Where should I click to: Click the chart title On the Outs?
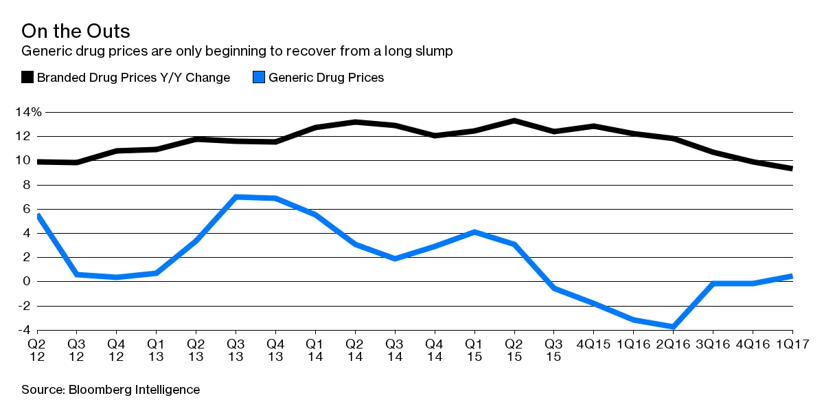[76, 32]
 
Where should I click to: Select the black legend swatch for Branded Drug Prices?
[27, 78]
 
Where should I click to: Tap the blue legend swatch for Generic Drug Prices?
[259, 78]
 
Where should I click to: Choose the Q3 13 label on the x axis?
[236, 350]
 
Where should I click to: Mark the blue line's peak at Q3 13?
[236, 197]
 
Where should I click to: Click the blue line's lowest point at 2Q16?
[674, 327]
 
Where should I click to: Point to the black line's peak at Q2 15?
[514, 121]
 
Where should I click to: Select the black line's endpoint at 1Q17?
[792, 168]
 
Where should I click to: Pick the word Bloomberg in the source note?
[98, 390]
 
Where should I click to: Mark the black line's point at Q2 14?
[355, 122]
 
